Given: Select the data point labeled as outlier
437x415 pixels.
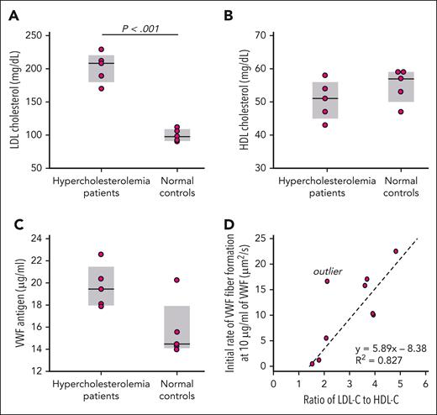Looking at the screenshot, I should (327, 281).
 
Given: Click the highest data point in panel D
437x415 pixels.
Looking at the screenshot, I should (396, 251).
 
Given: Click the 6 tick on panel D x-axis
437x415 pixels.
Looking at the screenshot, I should (426, 382).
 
